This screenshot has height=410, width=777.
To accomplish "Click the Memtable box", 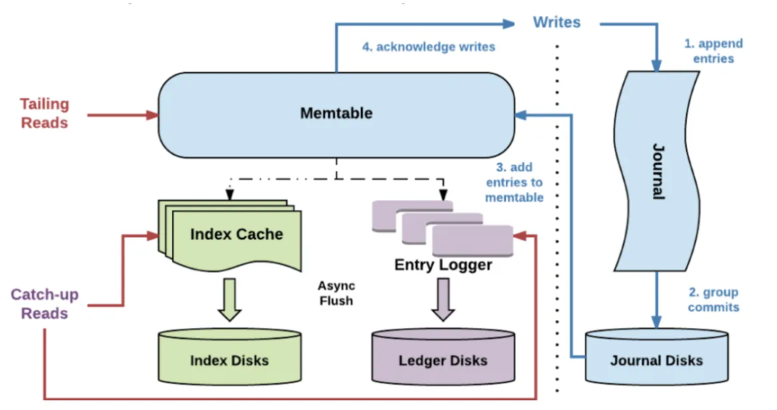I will pos(336,114).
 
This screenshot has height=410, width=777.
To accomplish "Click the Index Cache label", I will pos(236,234).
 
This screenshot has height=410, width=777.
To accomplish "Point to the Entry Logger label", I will pos(443,265).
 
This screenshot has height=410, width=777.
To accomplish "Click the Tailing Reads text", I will pos(45,113).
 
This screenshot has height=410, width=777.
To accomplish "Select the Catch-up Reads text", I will pos(45,304).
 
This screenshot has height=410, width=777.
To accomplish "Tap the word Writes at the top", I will pos(556,22).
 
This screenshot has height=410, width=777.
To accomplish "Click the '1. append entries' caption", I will pos(713,50).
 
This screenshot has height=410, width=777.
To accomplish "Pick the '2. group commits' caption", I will pos(713,300).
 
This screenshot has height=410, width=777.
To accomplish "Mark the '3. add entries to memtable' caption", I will pos(513,182).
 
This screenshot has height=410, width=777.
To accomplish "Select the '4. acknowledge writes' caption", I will pos(428,47).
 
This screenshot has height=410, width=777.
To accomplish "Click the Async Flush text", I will pos(336,293).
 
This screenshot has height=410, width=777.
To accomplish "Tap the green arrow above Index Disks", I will pos(230,299).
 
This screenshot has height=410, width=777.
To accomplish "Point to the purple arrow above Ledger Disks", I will pos(443,299).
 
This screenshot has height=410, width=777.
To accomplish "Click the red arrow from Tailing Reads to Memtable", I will pos(122,114).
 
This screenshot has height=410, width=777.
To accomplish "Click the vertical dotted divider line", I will pos(557,216).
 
